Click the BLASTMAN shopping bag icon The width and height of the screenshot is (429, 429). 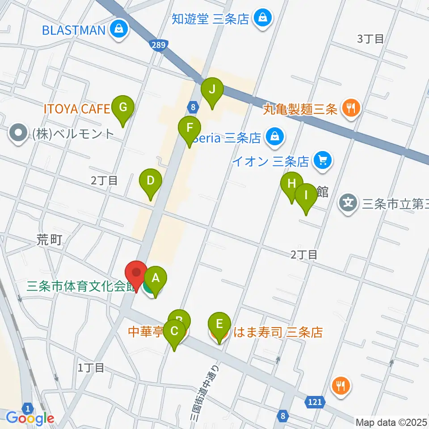(x=119, y=30)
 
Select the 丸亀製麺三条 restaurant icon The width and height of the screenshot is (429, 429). (x=351, y=108)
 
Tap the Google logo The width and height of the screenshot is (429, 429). (x=30, y=418)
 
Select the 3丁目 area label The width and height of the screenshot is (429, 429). (x=370, y=38)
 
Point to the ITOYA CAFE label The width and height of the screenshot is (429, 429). (x=76, y=109)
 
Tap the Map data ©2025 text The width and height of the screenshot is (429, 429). (x=391, y=421)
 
